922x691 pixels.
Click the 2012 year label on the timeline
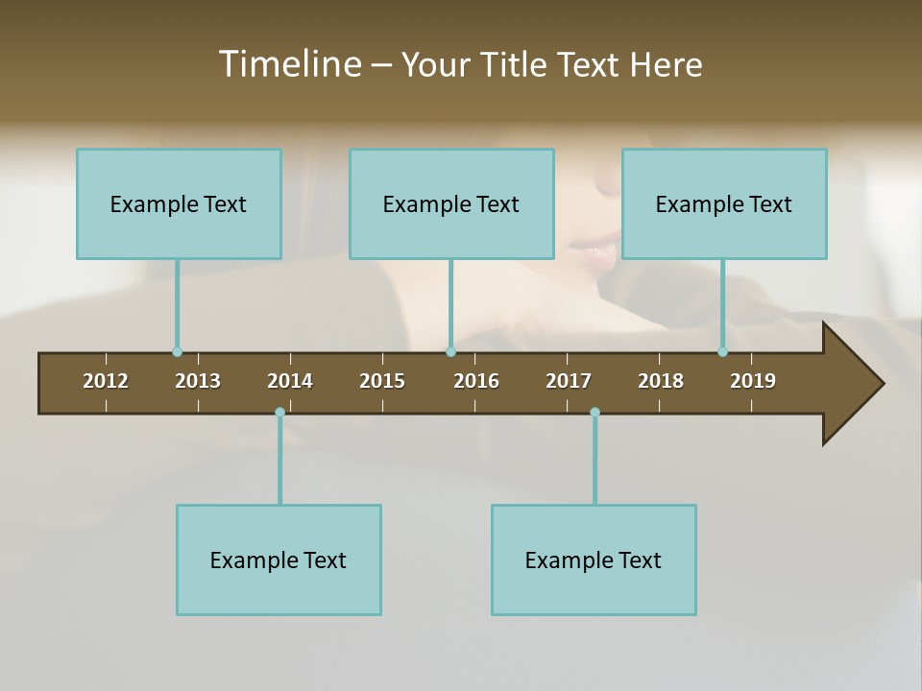(x=106, y=381)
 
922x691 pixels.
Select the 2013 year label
(x=198, y=381)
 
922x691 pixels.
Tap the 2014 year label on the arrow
(x=290, y=381)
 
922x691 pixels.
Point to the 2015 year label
(x=382, y=381)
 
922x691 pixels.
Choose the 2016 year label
(x=476, y=381)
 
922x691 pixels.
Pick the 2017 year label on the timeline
(x=569, y=381)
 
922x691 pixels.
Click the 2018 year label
(x=661, y=381)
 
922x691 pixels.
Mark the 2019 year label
(x=753, y=381)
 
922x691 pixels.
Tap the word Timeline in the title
(x=289, y=64)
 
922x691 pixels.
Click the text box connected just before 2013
(x=179, y=203)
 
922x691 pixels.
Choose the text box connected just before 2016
(x=451, y=203)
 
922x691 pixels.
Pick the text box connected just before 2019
(x=724, y=203)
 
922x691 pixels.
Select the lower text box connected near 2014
(x=279, y=560)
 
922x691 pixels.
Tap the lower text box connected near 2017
(x=594, y=560)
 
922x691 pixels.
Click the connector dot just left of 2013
(x=177, y=352)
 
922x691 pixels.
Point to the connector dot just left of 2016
(x=450, y=352)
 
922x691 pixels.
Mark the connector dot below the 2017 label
(x=594, y=413)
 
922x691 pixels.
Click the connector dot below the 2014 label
(x=279, y=413)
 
